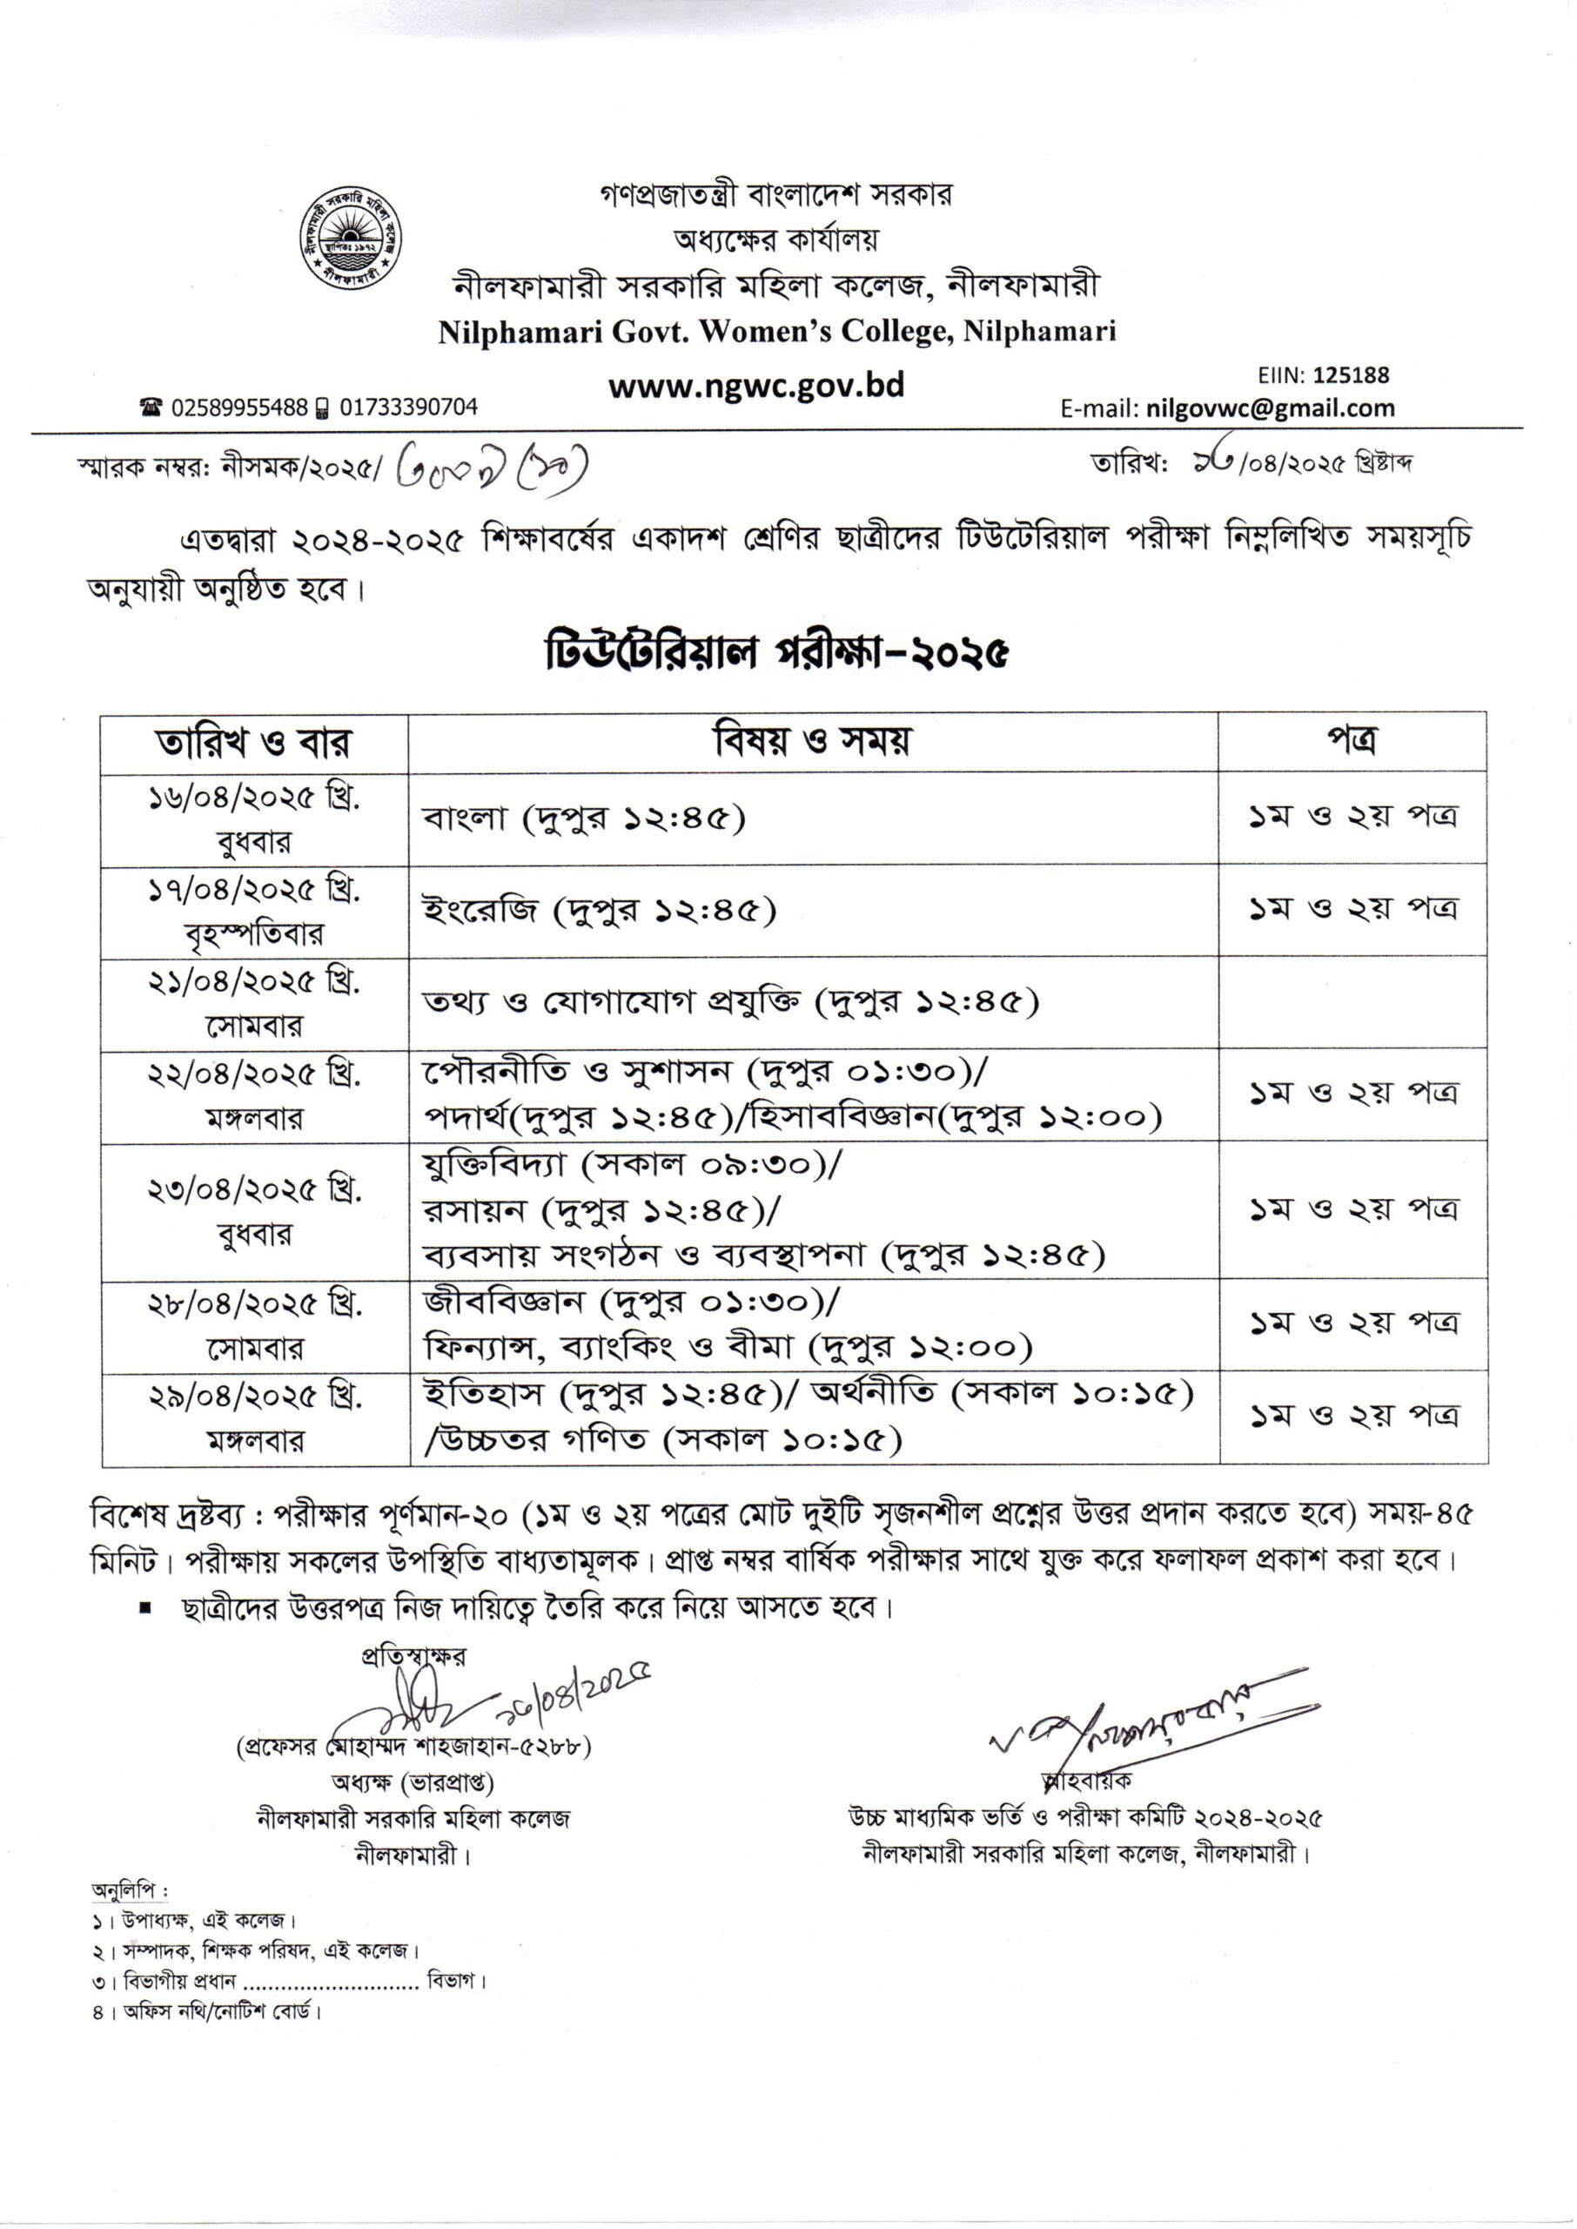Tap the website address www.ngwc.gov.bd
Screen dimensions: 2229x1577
click(x=755, y=386)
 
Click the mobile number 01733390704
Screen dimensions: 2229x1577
click(x=408, y=407)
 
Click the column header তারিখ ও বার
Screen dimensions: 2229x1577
click(x=254, y=743)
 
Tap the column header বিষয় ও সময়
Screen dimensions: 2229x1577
click(x=813, y=741)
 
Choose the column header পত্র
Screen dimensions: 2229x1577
click(x=1352, y=741)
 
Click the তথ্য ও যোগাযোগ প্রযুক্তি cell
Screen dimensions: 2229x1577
click(x=730, y=1001)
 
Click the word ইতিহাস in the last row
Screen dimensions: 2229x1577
click(x=486, y=1394)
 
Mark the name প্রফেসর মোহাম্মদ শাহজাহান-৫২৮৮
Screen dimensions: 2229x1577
click(x=413, y=1745)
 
